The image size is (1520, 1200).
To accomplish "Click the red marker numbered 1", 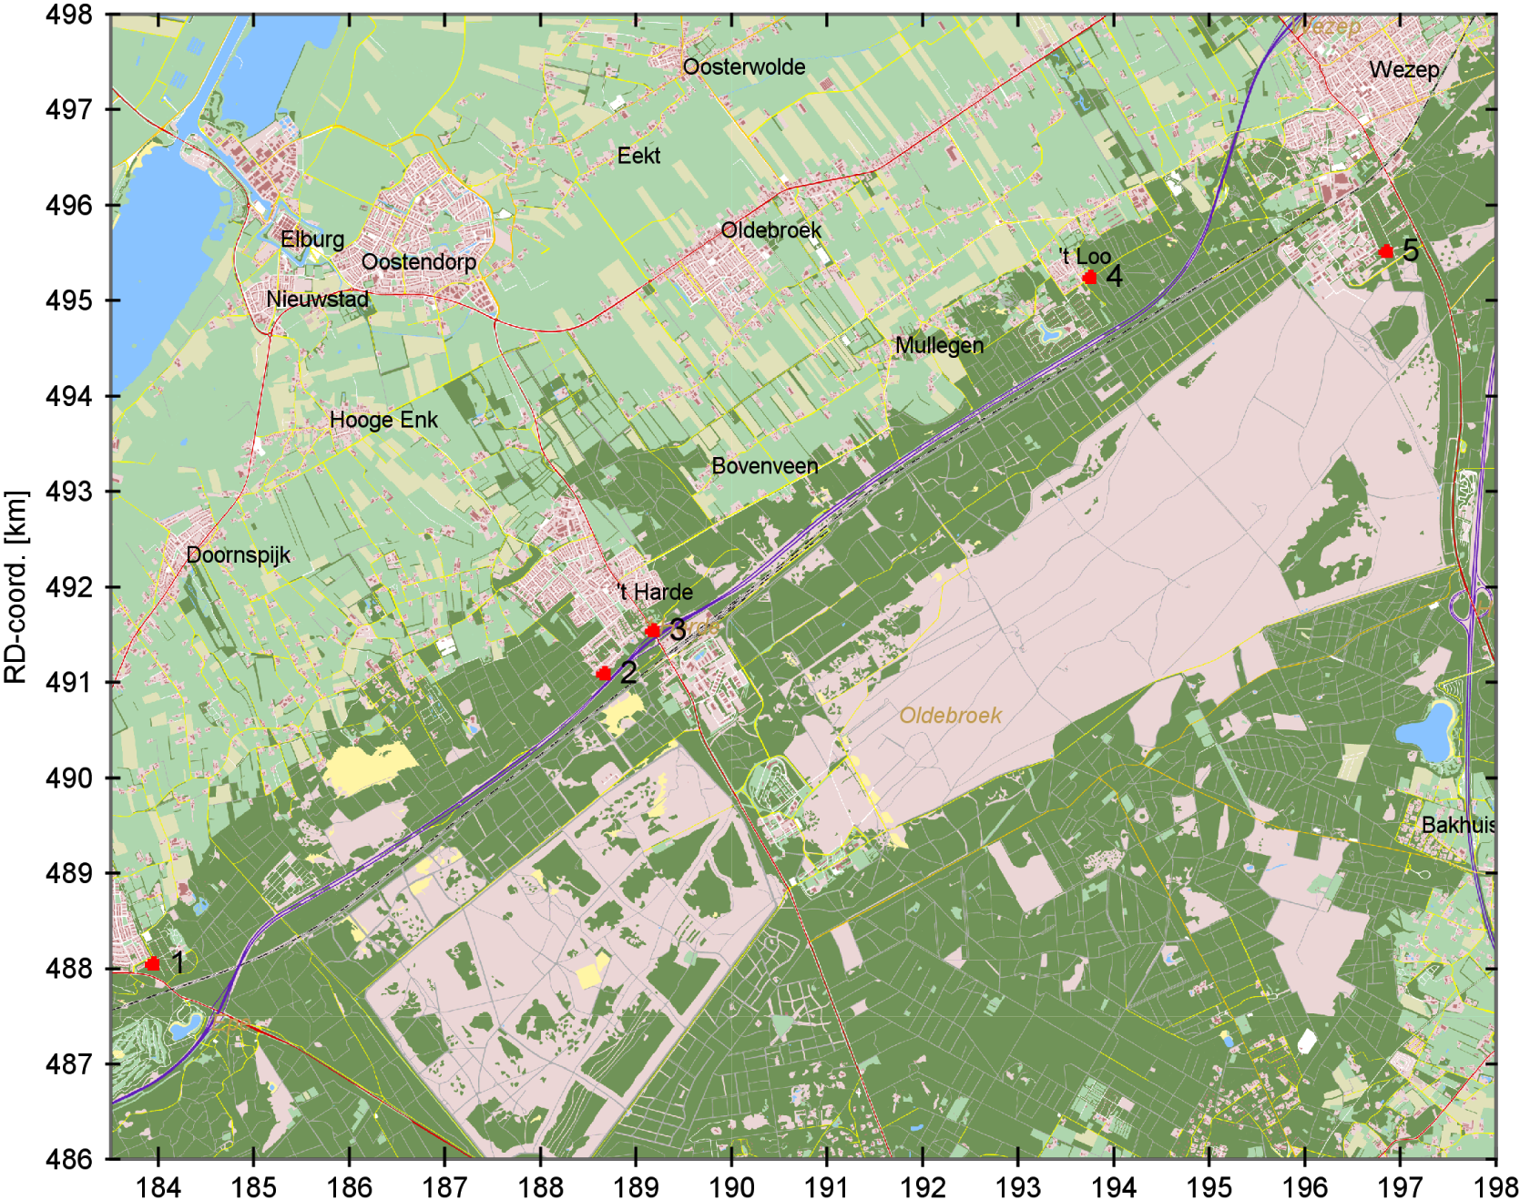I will [152, 963].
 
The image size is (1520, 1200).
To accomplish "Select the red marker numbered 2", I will [604, 674].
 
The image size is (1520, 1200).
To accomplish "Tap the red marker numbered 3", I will [652, 630].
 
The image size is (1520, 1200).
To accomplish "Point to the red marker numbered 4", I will [1089, 277].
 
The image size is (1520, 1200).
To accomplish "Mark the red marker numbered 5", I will [1386, 251].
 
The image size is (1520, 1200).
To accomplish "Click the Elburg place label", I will [312, 239].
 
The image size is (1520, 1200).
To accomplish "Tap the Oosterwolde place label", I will [743, 67].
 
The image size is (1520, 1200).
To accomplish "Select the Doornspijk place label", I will [238, 554].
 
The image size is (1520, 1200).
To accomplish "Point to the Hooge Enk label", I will [383, 420].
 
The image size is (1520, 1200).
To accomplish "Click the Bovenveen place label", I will [764, 466].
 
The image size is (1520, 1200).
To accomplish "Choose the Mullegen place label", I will [939, 346].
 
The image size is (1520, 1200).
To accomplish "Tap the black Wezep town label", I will [1403, 70].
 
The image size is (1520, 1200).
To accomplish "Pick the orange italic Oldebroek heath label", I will [950, 716].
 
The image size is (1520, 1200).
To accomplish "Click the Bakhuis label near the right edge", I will [1457, 825].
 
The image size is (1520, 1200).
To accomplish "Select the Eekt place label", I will [638, 156].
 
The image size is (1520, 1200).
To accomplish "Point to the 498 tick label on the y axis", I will [68, 15].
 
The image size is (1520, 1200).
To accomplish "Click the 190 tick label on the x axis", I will [731, 1187].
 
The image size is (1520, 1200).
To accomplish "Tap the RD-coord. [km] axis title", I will [15, 587].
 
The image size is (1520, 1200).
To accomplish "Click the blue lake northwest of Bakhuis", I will [1425, 731].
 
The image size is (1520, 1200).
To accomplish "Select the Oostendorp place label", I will [418, 262].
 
